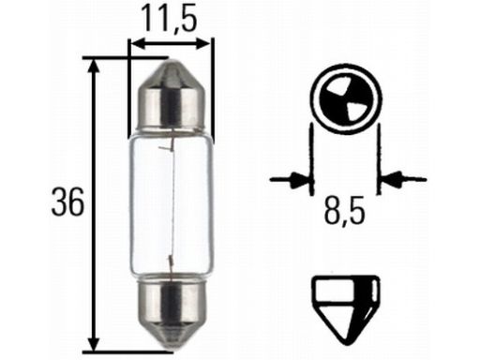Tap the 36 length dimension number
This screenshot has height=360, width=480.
[x=67, y=202]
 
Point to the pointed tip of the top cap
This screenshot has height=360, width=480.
[x=172, y=59]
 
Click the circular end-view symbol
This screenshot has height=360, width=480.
[x=346, y=97]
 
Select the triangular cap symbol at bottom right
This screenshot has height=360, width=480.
[x=346, y=309]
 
